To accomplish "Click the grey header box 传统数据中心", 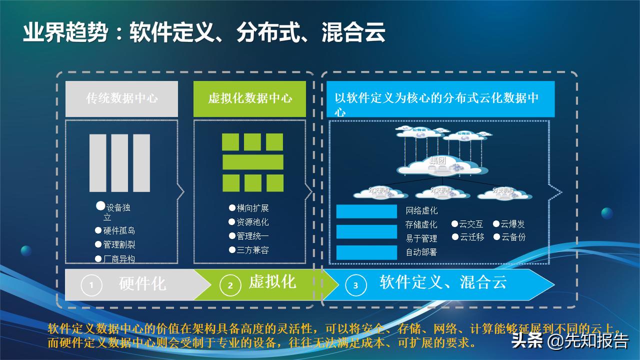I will tap(121, 98).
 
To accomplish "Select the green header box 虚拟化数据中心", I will tap(249, 98).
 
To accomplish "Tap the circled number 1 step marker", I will tap(91, 285).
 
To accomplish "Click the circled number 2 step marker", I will tap(230, 285).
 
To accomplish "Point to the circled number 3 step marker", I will tap(355, 285).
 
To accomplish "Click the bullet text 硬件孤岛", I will tap(119, 231).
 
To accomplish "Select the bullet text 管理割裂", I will tap(119, 245).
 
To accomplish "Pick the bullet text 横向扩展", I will tap(252, 208).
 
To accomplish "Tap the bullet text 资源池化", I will tap(252, 222).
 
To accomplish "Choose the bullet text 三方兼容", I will tap(252, 250).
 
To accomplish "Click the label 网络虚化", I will tap(421, 210).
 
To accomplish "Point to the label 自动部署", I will tap(421, 252).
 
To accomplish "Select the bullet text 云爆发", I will tap(512, 224).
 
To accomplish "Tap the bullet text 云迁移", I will tap(471, 237).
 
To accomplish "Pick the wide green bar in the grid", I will tap(252, 162).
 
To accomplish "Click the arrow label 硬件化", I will tap(142, 284).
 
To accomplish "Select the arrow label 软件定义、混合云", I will tap(443, 282).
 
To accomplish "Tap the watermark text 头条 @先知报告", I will tap(569, 341).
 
